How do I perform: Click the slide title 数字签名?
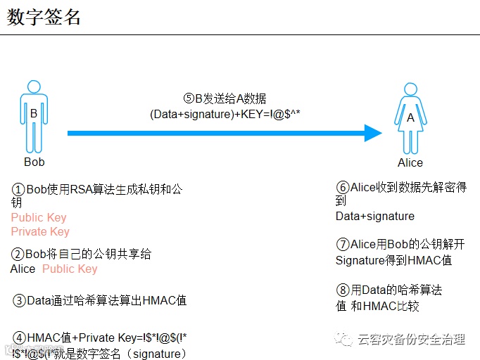click(44, 17)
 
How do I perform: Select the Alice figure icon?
click(410, 118)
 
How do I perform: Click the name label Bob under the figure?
click(34, 162)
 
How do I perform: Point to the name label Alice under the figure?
click(410, 163)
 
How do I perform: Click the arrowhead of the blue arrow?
click(372, 132)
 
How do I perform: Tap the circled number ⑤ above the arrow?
click(188, 98)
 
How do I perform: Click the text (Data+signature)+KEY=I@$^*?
click(225, 113)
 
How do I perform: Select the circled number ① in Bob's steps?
click(19, 190)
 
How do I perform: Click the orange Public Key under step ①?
click(39, 218)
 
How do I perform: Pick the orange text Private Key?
click(40, 232)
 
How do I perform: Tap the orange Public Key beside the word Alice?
click(70, 269)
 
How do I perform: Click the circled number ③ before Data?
click(19, 301)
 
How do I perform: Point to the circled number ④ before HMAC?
click(19, 338)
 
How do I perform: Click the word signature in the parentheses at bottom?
click(157, 353)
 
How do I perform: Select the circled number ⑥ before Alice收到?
click(343, 188)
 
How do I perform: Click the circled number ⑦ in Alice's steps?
click(343, 245)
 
